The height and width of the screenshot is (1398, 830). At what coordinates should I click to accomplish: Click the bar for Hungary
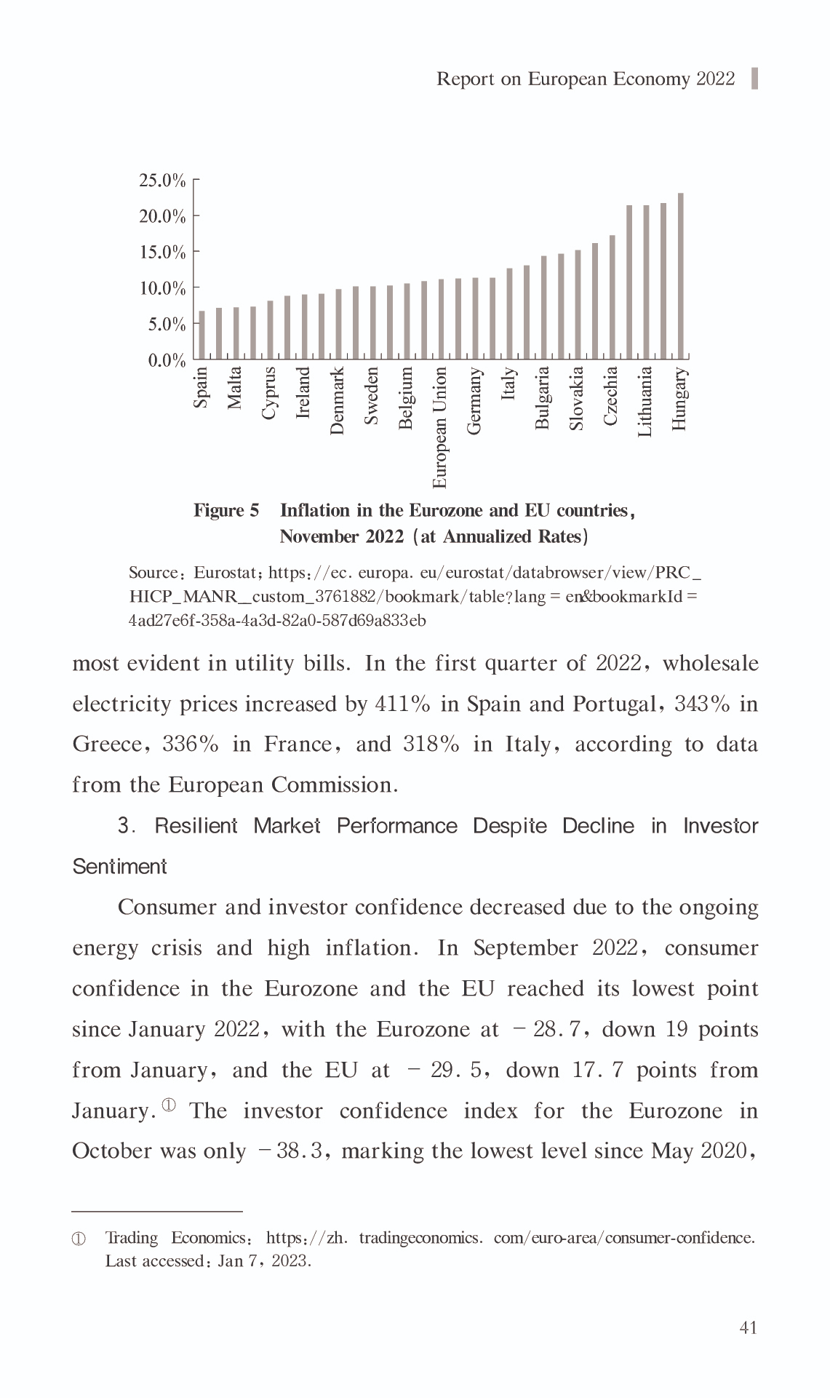pyautogui.click(x=680, y=277)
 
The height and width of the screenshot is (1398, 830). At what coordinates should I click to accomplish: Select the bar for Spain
pyautogui.click(x=201, y=335)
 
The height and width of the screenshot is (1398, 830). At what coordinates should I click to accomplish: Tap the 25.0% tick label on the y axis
pyautogui.click(x=162, y=180)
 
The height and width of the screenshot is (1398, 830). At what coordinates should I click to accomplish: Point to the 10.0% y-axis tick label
pyautogui.click(x=162, y=288)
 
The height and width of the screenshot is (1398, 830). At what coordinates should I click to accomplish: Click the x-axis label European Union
pyautogui.click(x=440, y=428)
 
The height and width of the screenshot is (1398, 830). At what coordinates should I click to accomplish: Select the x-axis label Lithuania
pyautogui.click(x=645, y=401)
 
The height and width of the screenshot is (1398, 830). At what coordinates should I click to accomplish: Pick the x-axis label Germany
pyautogui.click(x=474, y=401)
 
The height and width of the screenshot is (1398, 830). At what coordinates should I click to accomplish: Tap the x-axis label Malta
pyautogui.click(x=235, y=388)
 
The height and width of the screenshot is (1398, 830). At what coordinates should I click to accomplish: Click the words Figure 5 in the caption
pyautogui.click(x=226, y=510)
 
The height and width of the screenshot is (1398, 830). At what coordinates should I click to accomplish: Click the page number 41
pyautogui.click(x=748, y=1328)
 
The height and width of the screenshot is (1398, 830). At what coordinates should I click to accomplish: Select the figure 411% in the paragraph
pyautogui.click(x=402, y=704)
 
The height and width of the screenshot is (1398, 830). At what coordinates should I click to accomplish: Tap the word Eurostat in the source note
pyautogui.click(x=223, y=573)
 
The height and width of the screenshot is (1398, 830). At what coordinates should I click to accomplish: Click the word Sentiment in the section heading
pyautogui.click(x=120, y=867)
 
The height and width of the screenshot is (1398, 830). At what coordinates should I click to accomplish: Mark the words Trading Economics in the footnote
pyautogui.click(x=175, y=1238)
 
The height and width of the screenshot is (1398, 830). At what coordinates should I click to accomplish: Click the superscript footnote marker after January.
pyautogui.click(x=169, y=1105)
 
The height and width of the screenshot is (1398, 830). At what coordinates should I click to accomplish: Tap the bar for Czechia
pyautogui.click(x=612, y=298)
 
